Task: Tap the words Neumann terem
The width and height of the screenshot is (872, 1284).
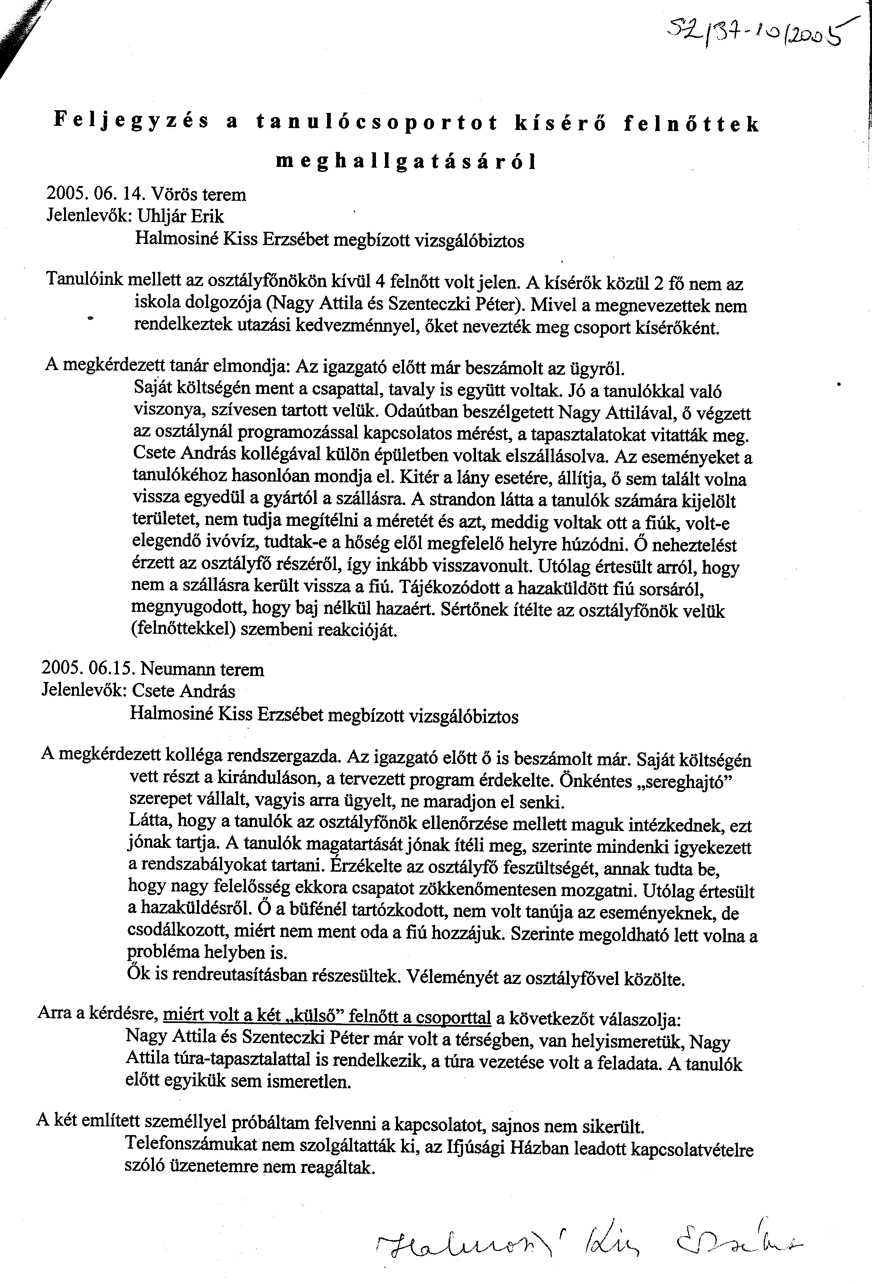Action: [x=202, y=669]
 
